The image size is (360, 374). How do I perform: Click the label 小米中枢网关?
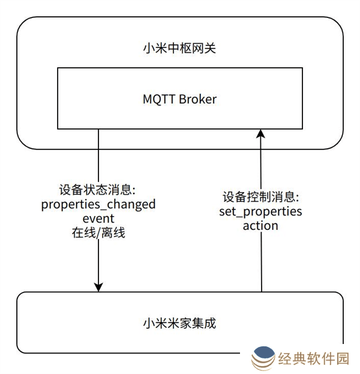pos(180,47)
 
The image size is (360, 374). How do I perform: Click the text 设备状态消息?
pos(99,190)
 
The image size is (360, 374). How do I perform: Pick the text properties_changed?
pos(98,204)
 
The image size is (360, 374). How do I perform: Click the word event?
pos(98,218)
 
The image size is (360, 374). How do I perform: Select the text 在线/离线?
pos(98,233)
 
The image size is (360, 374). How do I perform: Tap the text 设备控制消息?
pos(260,197)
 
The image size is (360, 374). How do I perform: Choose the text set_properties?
pos(260,212)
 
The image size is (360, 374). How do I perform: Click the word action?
pos(260,226)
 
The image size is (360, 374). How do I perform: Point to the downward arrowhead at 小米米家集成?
pos(98,286)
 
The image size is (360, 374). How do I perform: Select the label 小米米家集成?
pos(180,324)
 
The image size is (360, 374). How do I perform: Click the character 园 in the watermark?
pos(343,359)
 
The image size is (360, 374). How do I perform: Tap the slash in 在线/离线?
pos(98,233)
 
